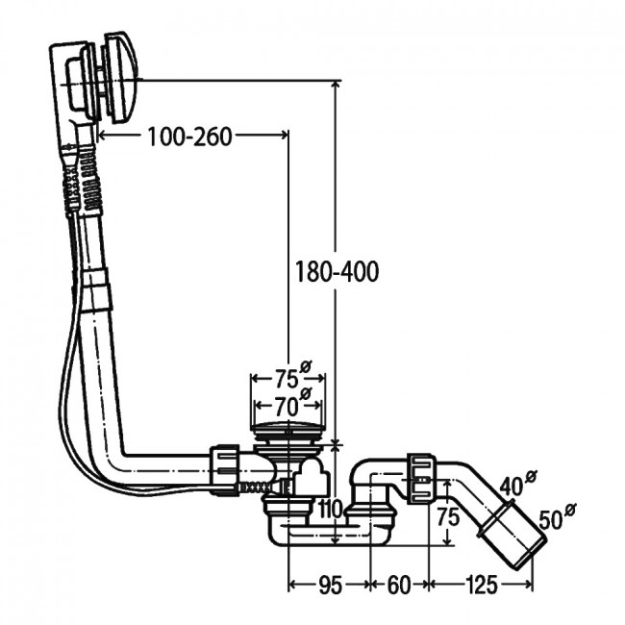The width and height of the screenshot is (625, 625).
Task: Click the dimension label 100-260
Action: [189, 137]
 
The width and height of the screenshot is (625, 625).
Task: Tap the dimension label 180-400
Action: [337, 272]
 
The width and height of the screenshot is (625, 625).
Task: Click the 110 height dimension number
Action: [332, 509]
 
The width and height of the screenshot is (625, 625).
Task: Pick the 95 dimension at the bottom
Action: [331, 586]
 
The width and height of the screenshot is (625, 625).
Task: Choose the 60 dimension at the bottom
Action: [399, 586]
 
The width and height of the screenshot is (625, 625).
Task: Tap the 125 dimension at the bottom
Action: [482, 586]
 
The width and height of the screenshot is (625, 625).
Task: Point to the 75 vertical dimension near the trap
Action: [448, 517]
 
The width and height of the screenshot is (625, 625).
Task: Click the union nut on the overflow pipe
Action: [224, 469]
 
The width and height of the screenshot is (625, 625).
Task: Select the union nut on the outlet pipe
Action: [420, 478]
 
